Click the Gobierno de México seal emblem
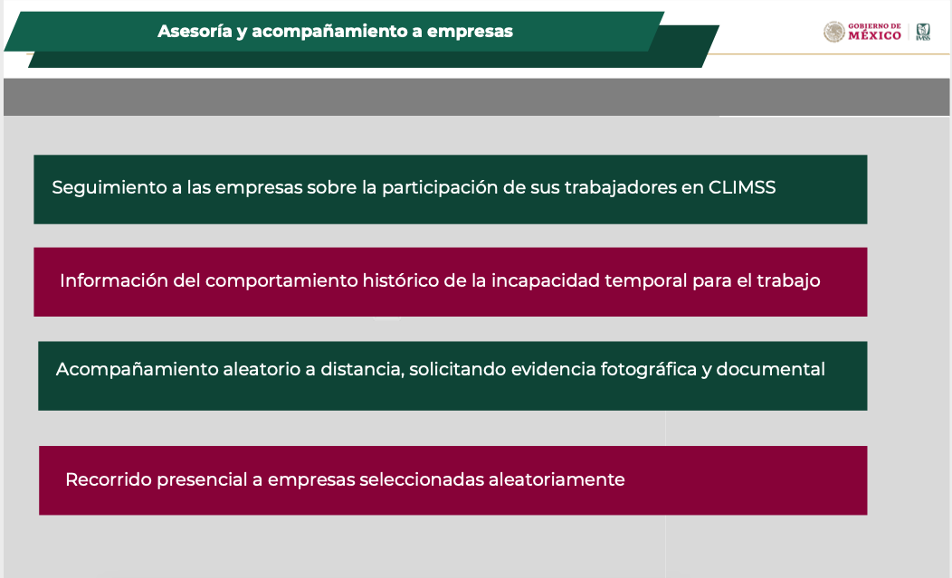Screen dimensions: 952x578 (x=834, y=32)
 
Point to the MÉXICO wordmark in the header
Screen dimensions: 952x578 (x=874, y=36)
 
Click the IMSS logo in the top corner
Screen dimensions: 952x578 (x=923, y=32)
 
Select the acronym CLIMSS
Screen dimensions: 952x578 (x=742, y=187)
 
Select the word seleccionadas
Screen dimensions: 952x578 (x=422, y=479)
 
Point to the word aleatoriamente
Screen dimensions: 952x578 (x=557, y=479)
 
